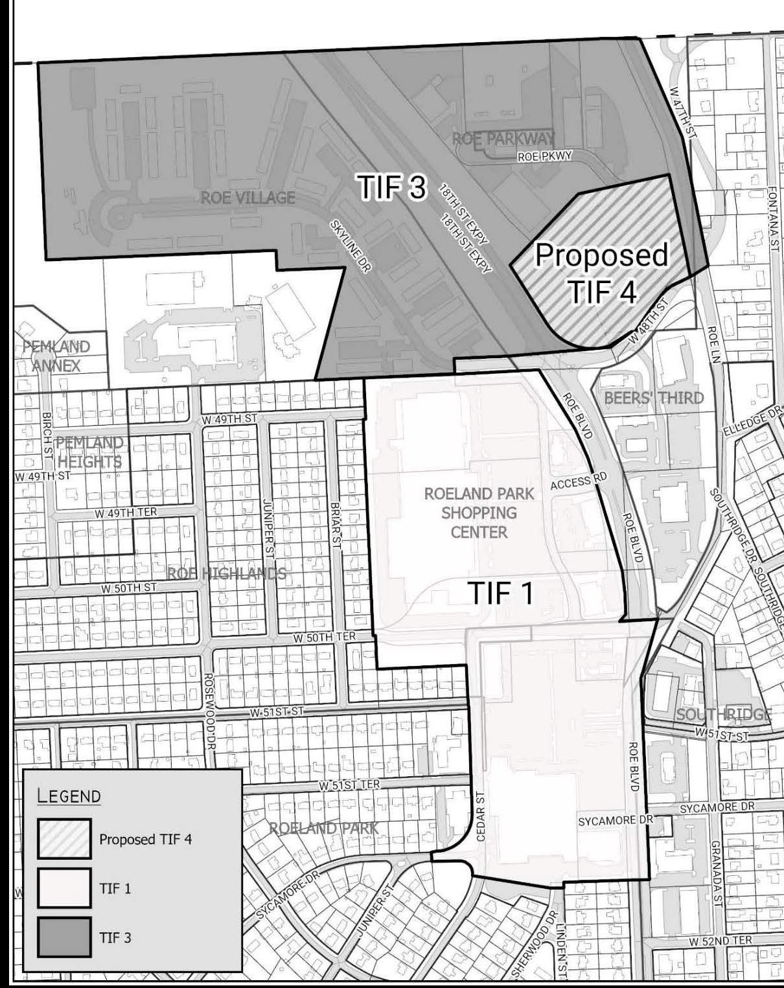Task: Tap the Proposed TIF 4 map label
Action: [x=602, y=273]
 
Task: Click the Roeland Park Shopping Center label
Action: [x=479, y=513]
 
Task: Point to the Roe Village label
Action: [x=248, y=198]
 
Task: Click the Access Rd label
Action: [x=579, y=481]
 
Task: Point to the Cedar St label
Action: [x=481, y=816]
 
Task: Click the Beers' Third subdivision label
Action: [x=654, y=397]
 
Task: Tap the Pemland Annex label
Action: [x=56, y=356]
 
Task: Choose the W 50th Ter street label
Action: [x=324, y=637]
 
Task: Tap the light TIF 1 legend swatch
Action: [x=63, y=888]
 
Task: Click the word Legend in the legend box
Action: [x=69, y=796]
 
